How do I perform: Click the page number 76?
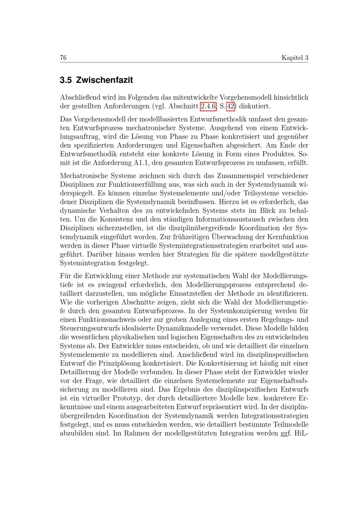tap(63, 58)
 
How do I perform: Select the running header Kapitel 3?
tap(295, 58)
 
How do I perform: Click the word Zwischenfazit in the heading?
tap(104, 80)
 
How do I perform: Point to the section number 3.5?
tap(66, 80)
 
